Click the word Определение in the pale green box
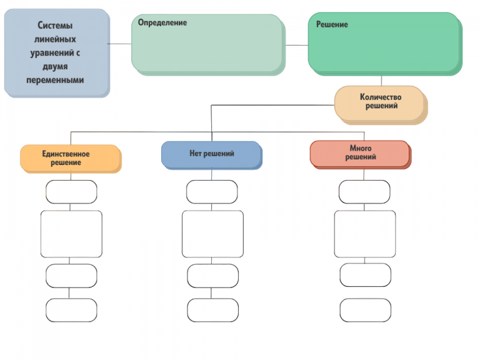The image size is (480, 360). (162, 23)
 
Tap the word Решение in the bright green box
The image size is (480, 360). (332, 24)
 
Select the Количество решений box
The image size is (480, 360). (381, 105)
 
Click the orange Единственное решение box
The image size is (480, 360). (71, 159)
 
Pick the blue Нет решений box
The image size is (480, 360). (211, 155)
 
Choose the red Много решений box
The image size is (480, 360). (361, 154)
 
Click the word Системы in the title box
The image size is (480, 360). (55, 25)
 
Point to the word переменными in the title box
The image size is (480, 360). (55, 80)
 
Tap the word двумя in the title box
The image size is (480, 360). (55, 67)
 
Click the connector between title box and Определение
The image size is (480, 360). (119, 44)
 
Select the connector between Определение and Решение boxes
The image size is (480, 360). (297, 45)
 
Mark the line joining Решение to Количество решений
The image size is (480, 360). (381, 81)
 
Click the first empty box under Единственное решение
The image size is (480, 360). (71, 192)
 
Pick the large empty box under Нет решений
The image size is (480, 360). (212, 234)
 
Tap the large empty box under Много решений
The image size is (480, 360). (365, 234)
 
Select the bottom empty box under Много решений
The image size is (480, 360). (365, 310)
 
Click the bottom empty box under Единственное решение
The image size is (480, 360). (71, 310)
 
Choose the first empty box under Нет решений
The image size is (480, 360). (212, 192)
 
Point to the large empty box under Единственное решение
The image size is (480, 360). (71, 234)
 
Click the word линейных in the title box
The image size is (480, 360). (55, 39)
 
